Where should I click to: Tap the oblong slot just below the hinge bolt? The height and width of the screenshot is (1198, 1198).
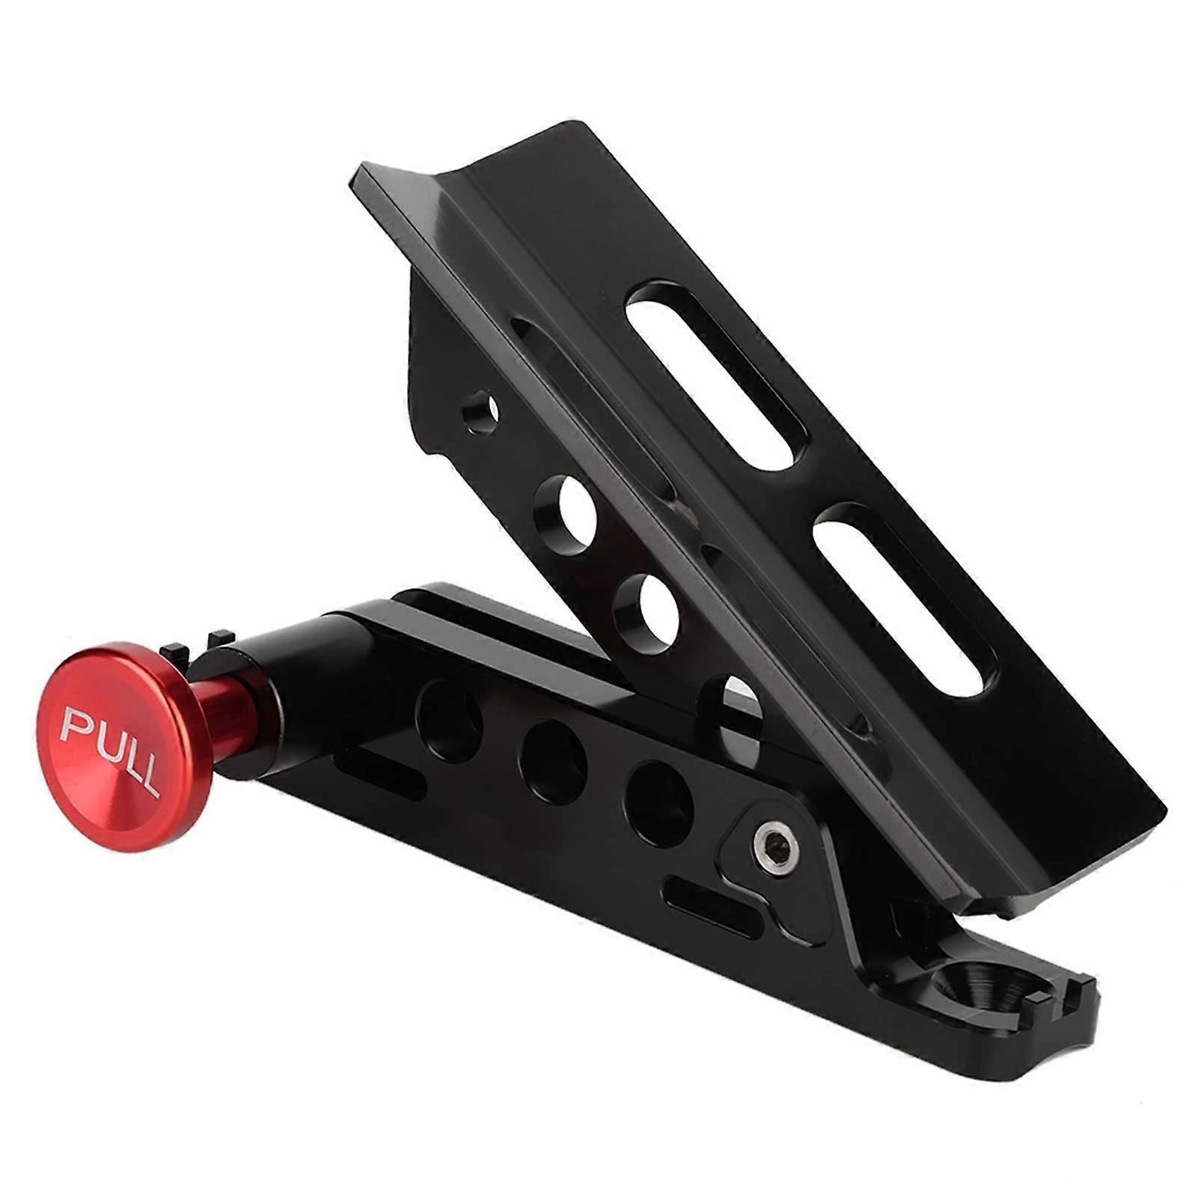[706, 898]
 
